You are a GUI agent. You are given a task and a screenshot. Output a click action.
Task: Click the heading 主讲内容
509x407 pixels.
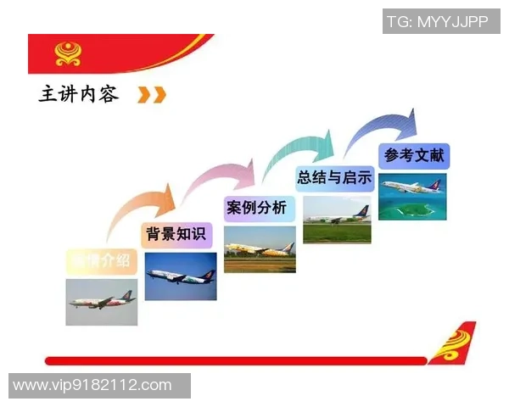tap(79, 94)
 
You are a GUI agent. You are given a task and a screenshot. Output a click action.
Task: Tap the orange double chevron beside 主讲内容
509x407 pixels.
tap(152, 94)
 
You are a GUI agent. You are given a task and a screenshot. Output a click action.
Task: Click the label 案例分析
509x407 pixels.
tap(257, 208)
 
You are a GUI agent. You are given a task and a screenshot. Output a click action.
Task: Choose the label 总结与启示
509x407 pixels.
tap(334, 178)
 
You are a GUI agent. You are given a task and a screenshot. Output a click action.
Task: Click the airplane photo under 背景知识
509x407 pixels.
tap(181, 276)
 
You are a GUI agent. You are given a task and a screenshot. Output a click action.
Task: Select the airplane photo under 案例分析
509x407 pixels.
tap(260, 248)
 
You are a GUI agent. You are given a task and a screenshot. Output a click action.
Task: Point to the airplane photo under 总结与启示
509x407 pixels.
tap(337, 220)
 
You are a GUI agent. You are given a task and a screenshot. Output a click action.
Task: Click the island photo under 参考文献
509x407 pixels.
tap(412, 196)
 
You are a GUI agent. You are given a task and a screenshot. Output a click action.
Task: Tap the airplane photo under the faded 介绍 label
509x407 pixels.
tap(102, 302)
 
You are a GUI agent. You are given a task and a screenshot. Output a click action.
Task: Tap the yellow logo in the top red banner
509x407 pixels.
tap(69, 53)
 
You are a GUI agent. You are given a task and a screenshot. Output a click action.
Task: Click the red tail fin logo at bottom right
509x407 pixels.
tap(452, 343)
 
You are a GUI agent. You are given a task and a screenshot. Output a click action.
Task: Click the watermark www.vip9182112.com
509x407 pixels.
tap(93, 386)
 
